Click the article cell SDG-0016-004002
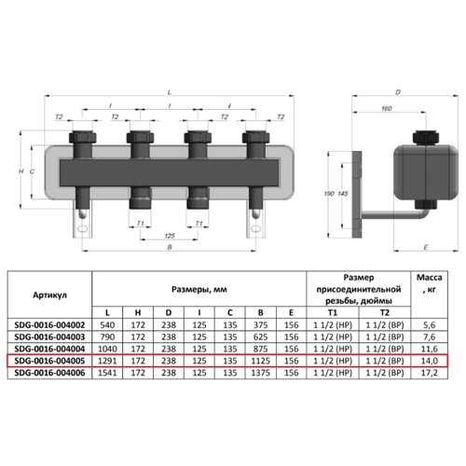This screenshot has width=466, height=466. click(x=49, y=325)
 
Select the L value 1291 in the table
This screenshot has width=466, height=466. click(x=107, y=361)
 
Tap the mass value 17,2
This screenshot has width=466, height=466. click(x=429, y=373)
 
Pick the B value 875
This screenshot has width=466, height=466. click(x=260, y=349)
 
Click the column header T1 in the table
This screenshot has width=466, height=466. click(x=333, y=312)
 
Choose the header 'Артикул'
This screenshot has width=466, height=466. click(x=49, y=295)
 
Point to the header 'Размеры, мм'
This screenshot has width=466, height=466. click(x=199, y=290)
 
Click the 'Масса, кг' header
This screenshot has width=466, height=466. click(x=429, y=283)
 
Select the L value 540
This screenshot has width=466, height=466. click(x=107, y=325)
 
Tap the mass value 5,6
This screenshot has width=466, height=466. click(x=429, y=325)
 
